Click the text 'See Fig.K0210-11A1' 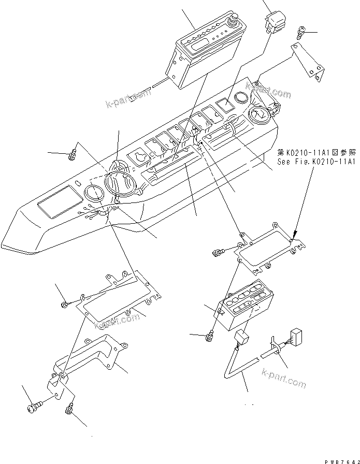(318, 162)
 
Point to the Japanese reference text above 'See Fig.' (318, 153)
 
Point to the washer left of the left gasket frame (64, 304)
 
